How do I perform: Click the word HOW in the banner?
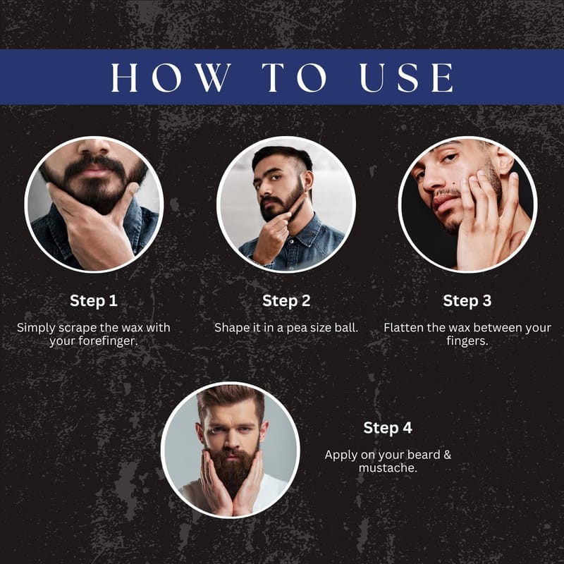coord(171,78)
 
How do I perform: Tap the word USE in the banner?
coord(406,78)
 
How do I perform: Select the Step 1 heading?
coord(94,301)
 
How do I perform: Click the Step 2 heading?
coord(286,301)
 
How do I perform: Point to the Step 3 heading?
coord(467,301)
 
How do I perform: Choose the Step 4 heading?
coord(387,428)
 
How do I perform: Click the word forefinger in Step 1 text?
coord(108,341)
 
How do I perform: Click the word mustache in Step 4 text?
coord(388,467)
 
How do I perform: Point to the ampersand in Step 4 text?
coord(447,455)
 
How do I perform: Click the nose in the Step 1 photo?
coord(94,147)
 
